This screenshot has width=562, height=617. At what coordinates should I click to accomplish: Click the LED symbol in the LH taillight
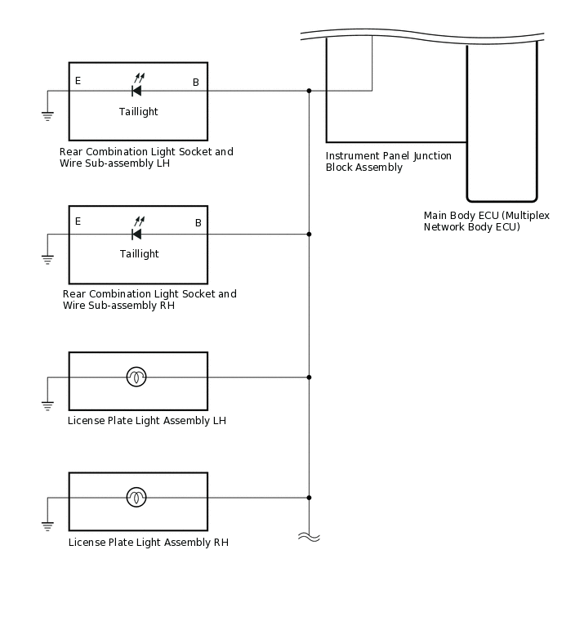(136, 89)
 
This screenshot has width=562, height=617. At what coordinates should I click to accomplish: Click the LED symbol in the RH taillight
(136, 233)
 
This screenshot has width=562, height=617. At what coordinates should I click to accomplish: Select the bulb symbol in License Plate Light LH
(136, 377)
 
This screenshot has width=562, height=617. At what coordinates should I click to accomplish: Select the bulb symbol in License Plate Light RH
(136, 497)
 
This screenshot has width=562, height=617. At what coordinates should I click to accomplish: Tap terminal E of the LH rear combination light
(78, 81)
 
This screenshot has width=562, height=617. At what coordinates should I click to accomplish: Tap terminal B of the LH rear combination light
(195, 82)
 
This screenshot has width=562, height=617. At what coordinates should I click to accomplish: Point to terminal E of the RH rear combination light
(78, 221)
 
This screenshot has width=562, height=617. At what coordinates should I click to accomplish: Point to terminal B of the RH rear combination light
(198, 223)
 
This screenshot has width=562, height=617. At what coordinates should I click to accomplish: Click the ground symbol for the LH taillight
(47, 116)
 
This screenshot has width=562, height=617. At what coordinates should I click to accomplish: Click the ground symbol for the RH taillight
(47, 260)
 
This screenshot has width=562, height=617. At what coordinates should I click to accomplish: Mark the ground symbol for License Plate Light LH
(47, 405)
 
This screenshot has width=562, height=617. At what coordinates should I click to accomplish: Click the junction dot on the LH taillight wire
(309, 91)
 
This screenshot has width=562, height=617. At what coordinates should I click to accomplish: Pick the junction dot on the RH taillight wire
(309, 235)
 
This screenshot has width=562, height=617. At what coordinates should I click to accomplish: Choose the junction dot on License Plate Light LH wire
(309, 378)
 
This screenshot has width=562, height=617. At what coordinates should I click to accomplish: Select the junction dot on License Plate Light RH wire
(309, 497)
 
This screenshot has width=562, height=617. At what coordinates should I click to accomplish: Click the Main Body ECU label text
(486, 221)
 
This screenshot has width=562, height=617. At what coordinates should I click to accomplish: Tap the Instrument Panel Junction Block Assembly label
(388, 162)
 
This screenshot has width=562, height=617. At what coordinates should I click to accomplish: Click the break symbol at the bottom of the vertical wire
(309, 537)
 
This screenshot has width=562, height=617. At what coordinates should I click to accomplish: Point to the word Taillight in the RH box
(139, 254)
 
